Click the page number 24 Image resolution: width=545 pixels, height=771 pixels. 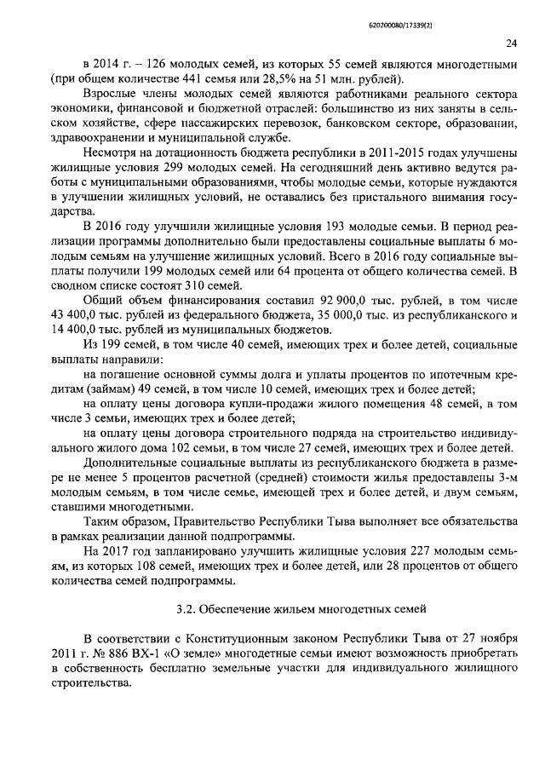[510, 43]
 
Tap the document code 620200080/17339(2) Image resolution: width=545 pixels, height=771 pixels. [483, 12]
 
